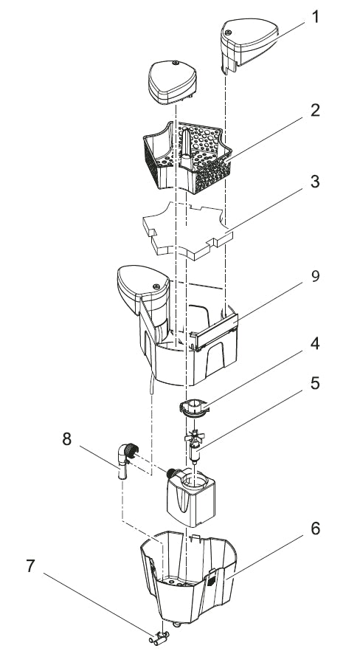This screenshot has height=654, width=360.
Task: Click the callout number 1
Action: (316, 18)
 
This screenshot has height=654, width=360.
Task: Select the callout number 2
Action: (315, 111)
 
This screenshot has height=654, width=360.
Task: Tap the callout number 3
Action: (315, 182)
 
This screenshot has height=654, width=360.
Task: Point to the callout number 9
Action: (315, 277)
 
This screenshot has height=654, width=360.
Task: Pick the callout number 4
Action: (315, 344)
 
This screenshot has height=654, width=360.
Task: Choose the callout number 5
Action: (315, 383)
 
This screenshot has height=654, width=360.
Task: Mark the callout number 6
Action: (315, 529)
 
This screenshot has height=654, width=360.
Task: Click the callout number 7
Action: (30, 566)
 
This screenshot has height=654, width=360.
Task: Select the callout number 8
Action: (66, 439)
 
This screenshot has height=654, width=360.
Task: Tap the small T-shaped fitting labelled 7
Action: (159, 638)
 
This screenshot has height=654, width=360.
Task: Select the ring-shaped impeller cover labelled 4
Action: (194, 407)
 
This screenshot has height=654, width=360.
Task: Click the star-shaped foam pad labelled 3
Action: (187, 230)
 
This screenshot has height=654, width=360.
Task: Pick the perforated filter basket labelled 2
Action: (187, 157)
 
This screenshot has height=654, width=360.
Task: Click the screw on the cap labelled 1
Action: (227, 32)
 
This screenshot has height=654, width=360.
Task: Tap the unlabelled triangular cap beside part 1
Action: (172, 81)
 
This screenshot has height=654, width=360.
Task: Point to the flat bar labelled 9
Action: (214, 332)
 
